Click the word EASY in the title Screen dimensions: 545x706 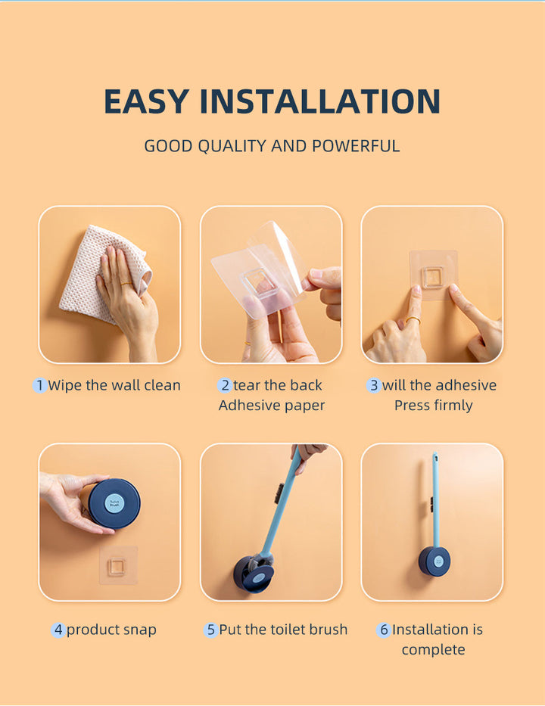tap(146, 101)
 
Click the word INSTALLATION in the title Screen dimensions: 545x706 tap(319, 101)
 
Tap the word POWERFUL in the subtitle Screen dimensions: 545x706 tap(356, 146)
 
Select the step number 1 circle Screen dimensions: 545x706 tap(40, 385)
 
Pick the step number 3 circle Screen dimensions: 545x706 tap(374, 385)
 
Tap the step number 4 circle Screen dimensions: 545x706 tap(58, 630)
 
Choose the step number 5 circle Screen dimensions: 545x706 tap(210, 630)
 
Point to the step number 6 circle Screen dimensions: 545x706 tap(384, 630)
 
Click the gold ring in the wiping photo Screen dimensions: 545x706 tap(126, 284)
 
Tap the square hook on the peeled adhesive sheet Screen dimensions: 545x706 tap(258, 283)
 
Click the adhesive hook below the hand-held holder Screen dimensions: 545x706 tap(118, 565)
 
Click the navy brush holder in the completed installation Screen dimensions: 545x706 tap(434, 561)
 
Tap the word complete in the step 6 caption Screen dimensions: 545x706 tap(433, 650)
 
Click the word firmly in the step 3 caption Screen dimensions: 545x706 tap(452, 406)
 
